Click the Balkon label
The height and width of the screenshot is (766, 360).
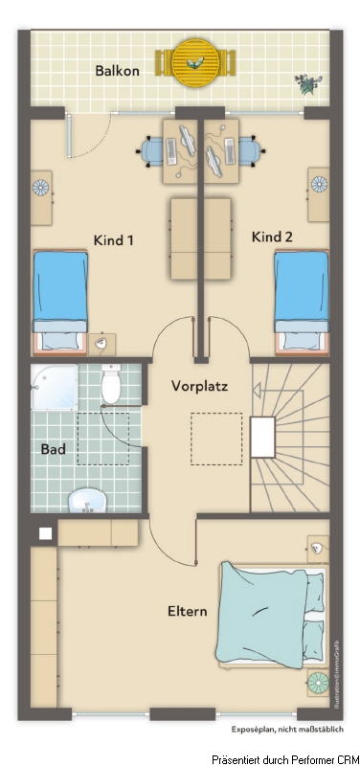click(x=117, y=70)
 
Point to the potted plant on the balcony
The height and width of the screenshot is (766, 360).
click(x=306, y=84)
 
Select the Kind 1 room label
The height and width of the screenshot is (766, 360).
click(x=113, y=240)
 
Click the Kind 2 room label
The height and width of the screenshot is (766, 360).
click(x=272, y=237)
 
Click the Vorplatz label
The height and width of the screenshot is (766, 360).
click(x=198, y=387)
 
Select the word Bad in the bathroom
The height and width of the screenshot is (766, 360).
click(x=52, y=447)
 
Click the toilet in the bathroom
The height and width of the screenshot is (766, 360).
click(x=111, y=386)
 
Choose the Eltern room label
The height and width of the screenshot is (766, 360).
click(x=187, y=610)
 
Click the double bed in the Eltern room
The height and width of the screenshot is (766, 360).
click(x=273, y=614)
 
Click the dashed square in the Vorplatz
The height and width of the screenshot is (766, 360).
click(x=216, y=439)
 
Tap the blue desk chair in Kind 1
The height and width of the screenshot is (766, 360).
click(x=153, y=148)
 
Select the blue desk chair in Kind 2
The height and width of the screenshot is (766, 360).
click(x=251, y=148)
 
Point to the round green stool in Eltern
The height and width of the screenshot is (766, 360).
click(x=318, y=683)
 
